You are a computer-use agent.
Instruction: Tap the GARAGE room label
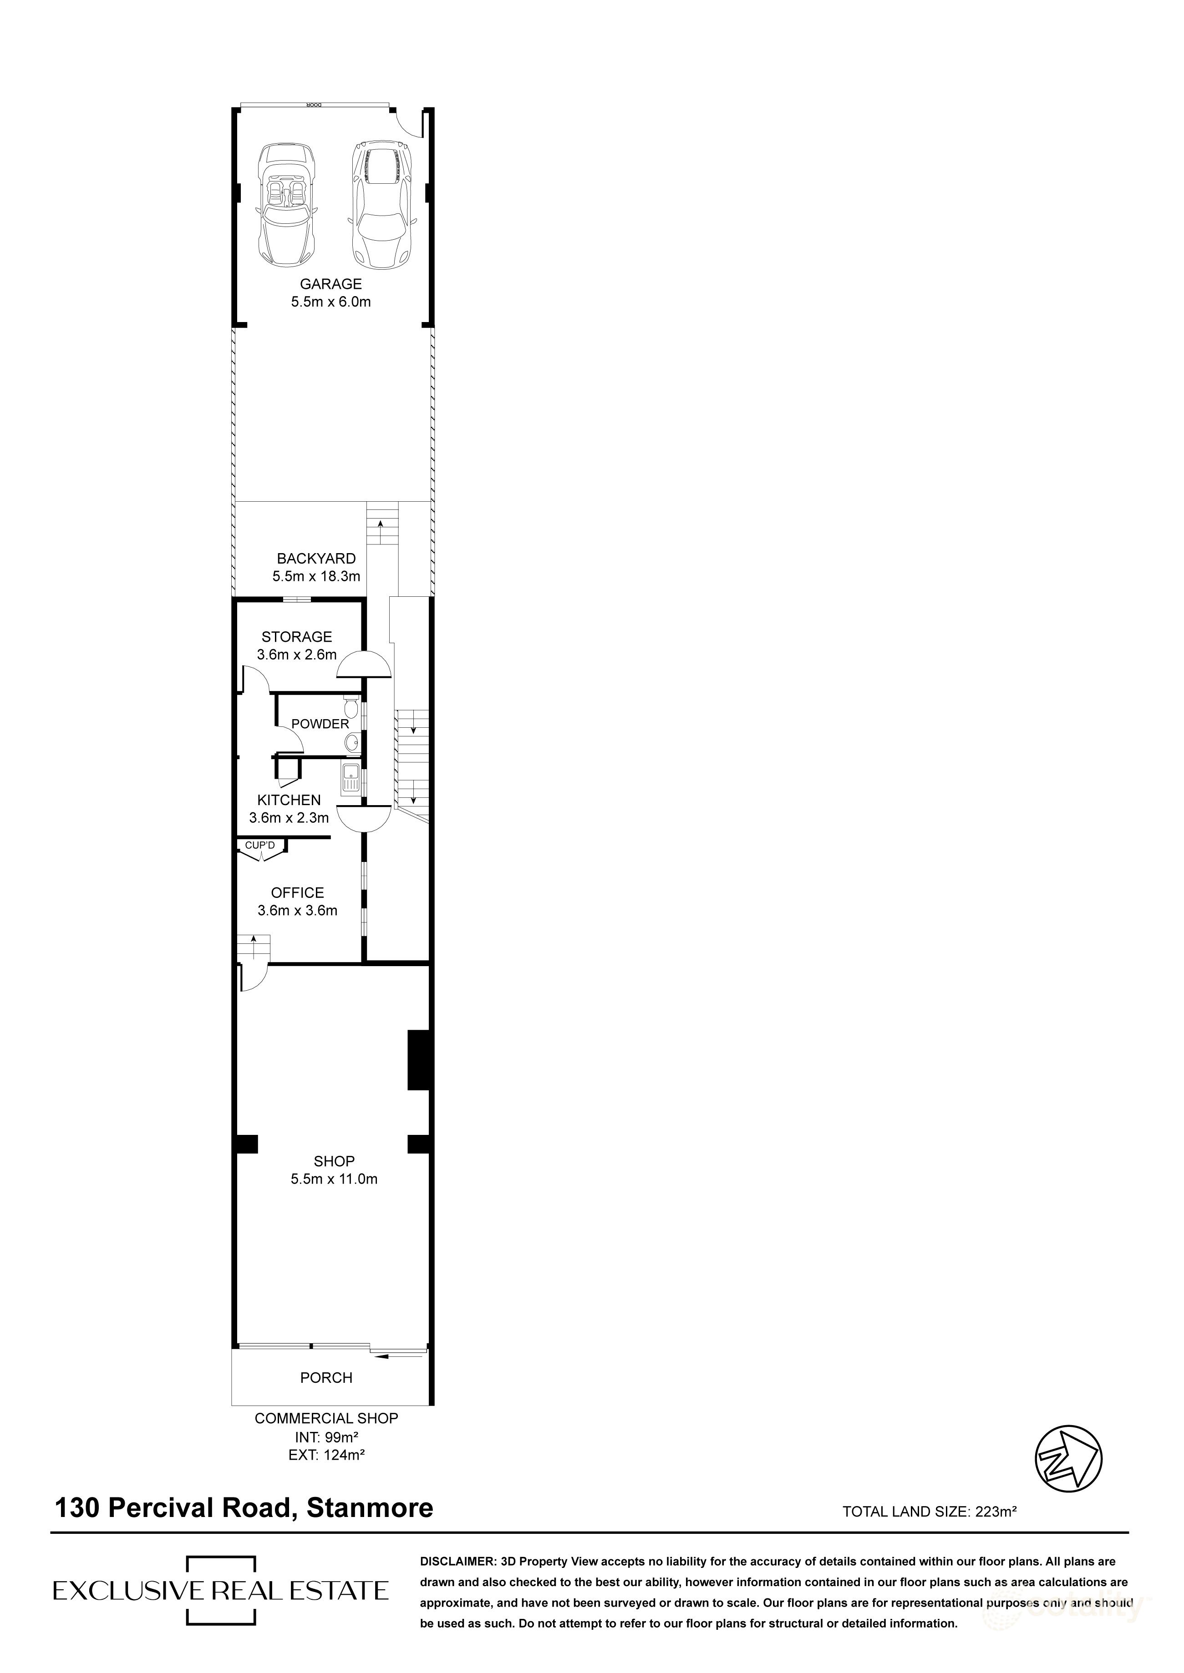(x=330, y=284)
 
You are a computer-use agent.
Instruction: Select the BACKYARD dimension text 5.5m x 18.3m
(x=316, y=576)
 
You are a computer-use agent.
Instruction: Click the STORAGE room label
(x=297, y=637)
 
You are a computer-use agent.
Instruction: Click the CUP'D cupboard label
(x=259, y=845)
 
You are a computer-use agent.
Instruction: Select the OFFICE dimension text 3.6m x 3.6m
(x=297, y=910)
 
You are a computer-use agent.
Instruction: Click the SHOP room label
(x=334, y=1161)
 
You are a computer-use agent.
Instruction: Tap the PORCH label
(x=326, y=1378)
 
